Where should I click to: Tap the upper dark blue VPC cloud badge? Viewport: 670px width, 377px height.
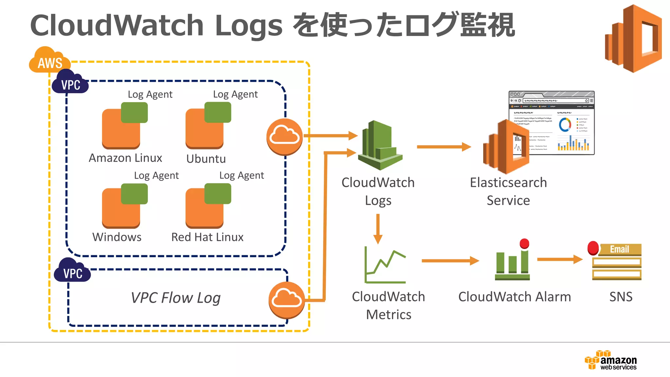(x=70, y=84)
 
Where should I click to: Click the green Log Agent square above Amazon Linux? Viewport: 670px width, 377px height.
(x=134, y=112)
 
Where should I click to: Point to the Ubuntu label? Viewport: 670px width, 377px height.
(x=206, y=159)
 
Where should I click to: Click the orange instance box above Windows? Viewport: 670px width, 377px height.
(x=120, y=209)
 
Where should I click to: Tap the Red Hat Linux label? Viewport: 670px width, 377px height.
(x=207, y=237)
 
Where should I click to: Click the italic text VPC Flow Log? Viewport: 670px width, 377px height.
(x=176, y=298)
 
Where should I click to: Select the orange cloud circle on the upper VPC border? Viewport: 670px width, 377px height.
(x=285, y=136)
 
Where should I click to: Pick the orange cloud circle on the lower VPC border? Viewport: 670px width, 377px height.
(x=287, y=299)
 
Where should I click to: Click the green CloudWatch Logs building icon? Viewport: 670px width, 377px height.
(x=379, y=146)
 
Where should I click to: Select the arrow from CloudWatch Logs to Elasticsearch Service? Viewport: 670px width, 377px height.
(x=443, y=147)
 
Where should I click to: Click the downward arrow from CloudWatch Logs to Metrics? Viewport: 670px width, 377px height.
(x=378, y=229)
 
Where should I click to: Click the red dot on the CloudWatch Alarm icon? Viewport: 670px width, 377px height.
(x=524, y=243)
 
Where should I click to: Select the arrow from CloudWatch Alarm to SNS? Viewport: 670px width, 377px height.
(x=559, y=260)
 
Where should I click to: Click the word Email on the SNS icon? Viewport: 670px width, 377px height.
(x=619, y=249)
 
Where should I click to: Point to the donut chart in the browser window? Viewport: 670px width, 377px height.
(x=565, y=124)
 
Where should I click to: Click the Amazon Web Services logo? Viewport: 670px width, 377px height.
(x=611, y=360)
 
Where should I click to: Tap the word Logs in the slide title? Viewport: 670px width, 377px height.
(x=249, y=26)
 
